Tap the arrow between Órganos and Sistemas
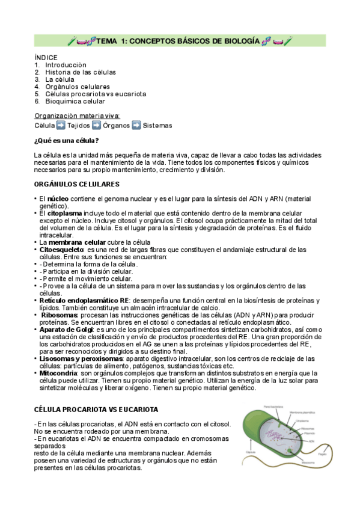136,125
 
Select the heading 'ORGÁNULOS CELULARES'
77,184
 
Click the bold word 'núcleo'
58,198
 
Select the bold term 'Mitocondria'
61,373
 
